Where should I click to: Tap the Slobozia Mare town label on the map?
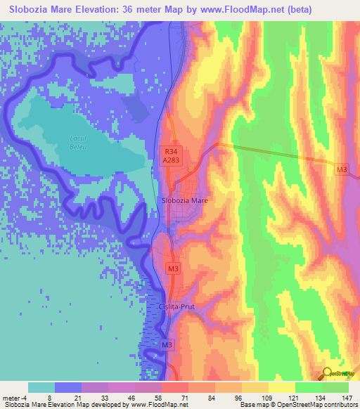pos(185,200)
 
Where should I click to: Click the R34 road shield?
pos(170,150)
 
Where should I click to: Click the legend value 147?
pos(348,397)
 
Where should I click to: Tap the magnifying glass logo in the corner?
pos(328,373)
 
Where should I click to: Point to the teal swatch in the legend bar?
pos(41,387)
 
